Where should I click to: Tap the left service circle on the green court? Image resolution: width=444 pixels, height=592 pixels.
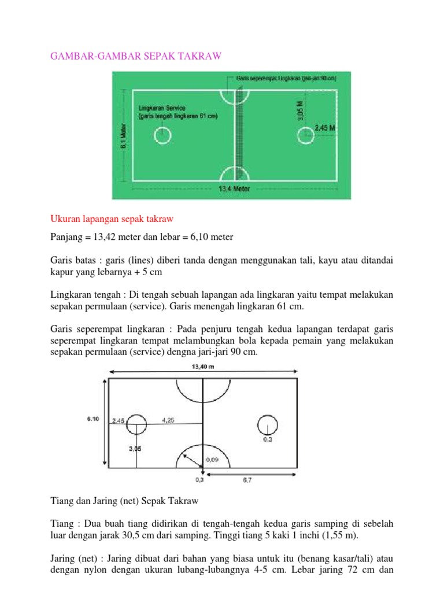point(162,136)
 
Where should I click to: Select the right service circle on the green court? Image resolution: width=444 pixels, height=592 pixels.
point(306,136)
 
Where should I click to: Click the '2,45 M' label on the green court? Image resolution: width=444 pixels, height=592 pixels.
point(325,128)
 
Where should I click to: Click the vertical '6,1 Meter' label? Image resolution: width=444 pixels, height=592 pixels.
point(123,136)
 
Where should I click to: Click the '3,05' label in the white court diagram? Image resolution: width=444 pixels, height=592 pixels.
point(134,449)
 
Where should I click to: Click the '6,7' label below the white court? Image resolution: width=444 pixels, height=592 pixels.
point(247,480)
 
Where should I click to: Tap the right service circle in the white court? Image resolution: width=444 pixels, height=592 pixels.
point(267,424)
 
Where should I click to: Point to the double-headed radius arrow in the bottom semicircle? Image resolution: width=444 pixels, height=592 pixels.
point(192,460)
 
